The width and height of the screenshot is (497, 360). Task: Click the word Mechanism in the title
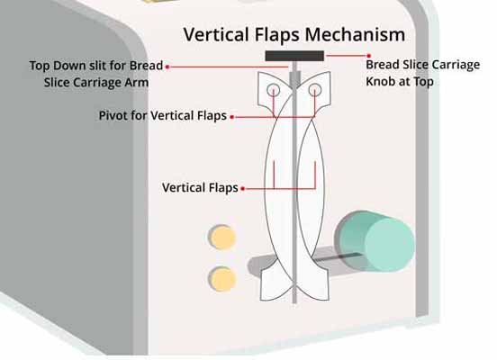355,34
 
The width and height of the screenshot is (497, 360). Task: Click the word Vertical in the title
217,34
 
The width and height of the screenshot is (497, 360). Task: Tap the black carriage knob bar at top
294,56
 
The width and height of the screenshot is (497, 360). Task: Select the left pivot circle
273,90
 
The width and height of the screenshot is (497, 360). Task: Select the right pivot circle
315,90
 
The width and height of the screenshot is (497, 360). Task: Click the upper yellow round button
222,237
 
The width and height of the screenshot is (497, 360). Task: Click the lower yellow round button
223,279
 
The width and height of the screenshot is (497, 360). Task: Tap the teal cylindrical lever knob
375,241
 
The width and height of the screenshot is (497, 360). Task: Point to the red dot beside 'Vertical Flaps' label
242,189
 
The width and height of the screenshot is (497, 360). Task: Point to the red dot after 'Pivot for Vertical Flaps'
232,117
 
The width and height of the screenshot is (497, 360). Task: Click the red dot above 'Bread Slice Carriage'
368,56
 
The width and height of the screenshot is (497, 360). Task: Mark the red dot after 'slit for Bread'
167,67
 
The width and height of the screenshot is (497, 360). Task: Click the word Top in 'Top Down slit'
40,66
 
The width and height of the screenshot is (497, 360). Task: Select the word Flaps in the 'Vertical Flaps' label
221,187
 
